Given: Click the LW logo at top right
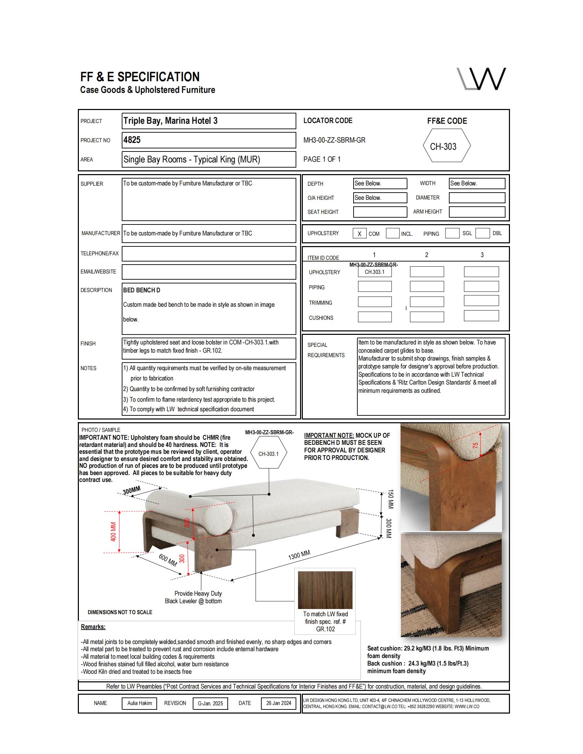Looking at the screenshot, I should click(481, 79).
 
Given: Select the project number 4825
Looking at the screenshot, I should click(132, 140).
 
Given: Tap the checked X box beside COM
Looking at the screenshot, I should click(359, 234).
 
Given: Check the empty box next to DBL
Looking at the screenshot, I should click(482, 233).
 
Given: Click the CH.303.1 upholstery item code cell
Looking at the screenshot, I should click(374, 272).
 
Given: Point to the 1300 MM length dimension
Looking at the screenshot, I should click(299, 555).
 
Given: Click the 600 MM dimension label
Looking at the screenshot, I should click(168, 560).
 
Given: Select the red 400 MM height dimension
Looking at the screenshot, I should click(113, 532).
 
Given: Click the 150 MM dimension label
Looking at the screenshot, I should click(390, 499).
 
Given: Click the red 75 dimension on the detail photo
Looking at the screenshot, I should click(476, 445).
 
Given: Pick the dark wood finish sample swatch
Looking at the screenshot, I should click(325, 590).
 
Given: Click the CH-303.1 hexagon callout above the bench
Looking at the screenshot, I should click(269, 454).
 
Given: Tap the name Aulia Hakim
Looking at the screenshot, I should click(140, 703).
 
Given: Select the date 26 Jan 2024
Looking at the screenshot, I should click(278, 703).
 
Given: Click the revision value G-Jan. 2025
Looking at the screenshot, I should click(210, 704).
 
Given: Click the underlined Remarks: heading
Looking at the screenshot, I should click(93, 627).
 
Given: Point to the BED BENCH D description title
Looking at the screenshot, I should click(142, 290).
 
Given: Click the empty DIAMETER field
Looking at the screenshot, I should click(477, 198).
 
